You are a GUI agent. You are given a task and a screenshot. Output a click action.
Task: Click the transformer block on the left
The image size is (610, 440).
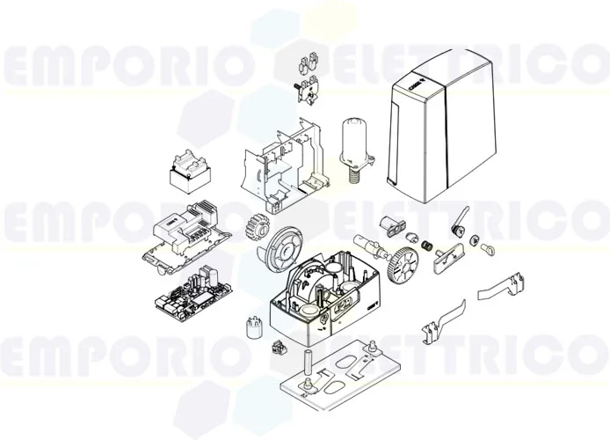(x=192, y=172)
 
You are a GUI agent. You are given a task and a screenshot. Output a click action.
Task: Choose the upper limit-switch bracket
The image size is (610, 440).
(x=502, y=289)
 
